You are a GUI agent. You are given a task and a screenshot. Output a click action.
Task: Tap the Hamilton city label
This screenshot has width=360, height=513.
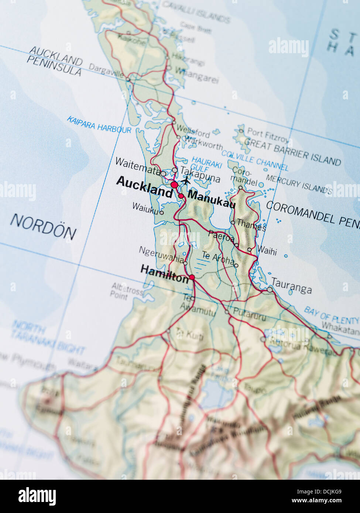pos(164,274)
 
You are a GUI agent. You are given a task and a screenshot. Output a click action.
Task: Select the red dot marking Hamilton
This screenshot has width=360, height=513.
pos(192,277)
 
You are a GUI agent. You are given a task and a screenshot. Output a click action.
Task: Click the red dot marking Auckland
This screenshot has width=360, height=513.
pos(174,184)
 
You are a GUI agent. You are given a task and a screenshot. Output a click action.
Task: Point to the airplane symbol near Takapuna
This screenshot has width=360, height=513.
pos(186,181)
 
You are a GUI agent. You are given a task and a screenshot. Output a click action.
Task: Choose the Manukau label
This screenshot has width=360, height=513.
pos(212,199)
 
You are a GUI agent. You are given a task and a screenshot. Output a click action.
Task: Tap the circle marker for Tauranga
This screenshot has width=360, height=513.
pos(270,290)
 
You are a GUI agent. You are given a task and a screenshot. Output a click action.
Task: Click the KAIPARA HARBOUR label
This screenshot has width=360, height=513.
pos(99,125)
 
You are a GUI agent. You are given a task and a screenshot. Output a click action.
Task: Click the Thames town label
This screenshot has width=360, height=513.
pos(251,224)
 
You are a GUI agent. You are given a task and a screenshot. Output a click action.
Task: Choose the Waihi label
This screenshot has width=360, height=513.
pos(267,251)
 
